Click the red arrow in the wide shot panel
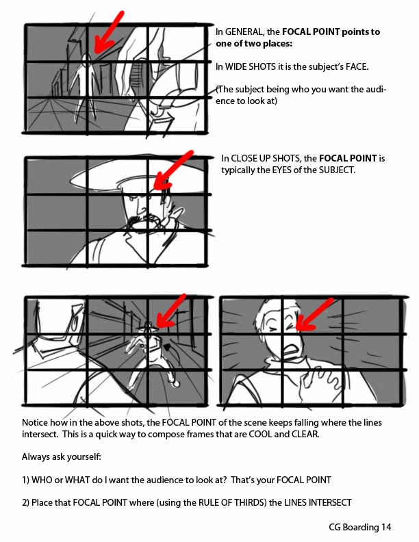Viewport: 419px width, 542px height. (x=108, y=33)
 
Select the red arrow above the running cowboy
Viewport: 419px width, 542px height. (x=170, y=311)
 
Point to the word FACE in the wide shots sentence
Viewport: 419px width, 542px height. (x=357, y=66)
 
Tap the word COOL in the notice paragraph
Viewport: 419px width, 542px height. (x=260, y=434)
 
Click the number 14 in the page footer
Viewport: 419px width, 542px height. (x=387, y=527)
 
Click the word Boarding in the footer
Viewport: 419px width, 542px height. (x=361, y=528)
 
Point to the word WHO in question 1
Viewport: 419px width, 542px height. (x=42, y=480)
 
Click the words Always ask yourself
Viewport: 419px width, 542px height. (x=61, y=457)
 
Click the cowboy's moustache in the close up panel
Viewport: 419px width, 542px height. (x=142, y=220)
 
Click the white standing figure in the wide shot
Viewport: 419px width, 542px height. (x=84, y=86)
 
